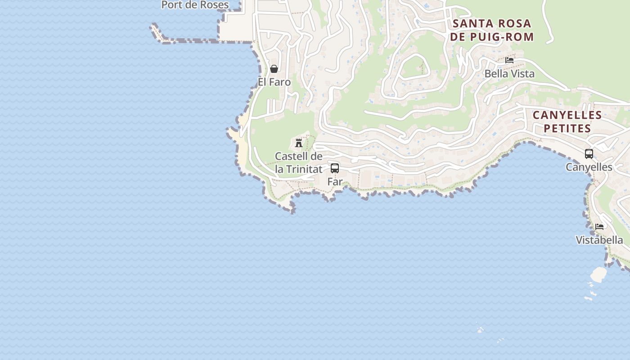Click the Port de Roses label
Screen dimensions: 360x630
[x=195, y=5]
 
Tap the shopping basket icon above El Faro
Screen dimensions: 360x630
[x=274, y=69]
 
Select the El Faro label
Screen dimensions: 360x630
[x=274, y=82]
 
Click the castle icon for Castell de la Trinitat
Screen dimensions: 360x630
[x=298, y=143]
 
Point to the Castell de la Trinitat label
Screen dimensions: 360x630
[x=299, y=162]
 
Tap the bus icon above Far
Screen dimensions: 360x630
[x=334, y=168]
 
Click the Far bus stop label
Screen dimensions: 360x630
[x=335, y=182]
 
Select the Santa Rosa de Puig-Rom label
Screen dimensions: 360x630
[x=492, y=30]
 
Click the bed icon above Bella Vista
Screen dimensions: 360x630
[x=509, y=60]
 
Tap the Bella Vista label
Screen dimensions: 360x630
[x=509, y=74]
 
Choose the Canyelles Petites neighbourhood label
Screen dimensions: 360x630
[x=567, y=121]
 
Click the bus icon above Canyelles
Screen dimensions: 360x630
[x=589, y=154]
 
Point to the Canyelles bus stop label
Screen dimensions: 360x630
[x=589, y=167]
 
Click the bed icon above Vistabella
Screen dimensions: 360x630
[x=599, y=226]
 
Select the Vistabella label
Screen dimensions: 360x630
[x=599, y=240]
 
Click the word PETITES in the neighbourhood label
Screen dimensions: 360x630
[x=567, y=129]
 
